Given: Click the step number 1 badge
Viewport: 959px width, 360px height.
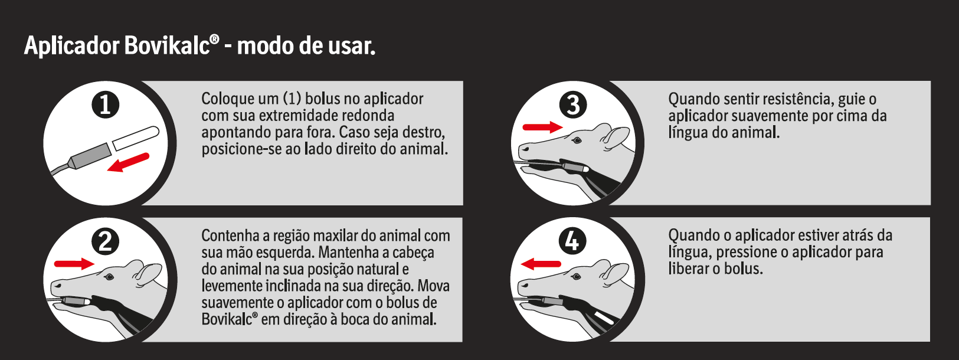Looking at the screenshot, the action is point(105,105).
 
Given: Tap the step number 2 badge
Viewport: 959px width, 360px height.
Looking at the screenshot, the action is point(105,242).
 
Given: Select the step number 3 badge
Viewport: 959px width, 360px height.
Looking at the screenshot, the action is point(573,105).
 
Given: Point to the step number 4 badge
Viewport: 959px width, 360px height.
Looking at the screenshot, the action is point(573,241).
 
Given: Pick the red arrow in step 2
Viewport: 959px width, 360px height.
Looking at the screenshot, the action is point(74,263).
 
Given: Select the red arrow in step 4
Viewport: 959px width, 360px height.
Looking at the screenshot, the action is point(541,264).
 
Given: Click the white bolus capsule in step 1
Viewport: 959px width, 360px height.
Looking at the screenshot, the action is point(136,138).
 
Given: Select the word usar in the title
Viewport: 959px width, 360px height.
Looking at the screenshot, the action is point(352,46).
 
